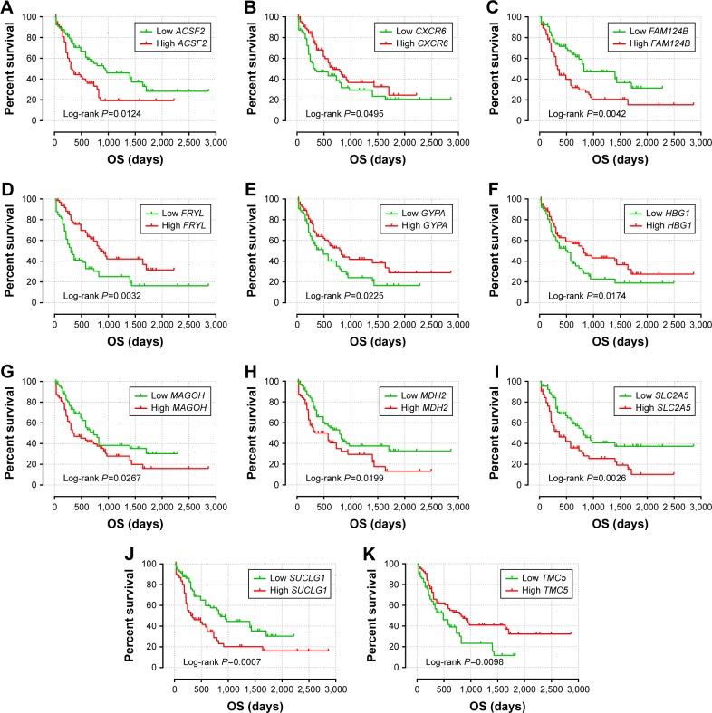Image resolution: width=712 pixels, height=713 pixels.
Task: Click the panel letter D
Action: tap(8, 191)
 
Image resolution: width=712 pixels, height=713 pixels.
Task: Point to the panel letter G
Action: tap(8, 374)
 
